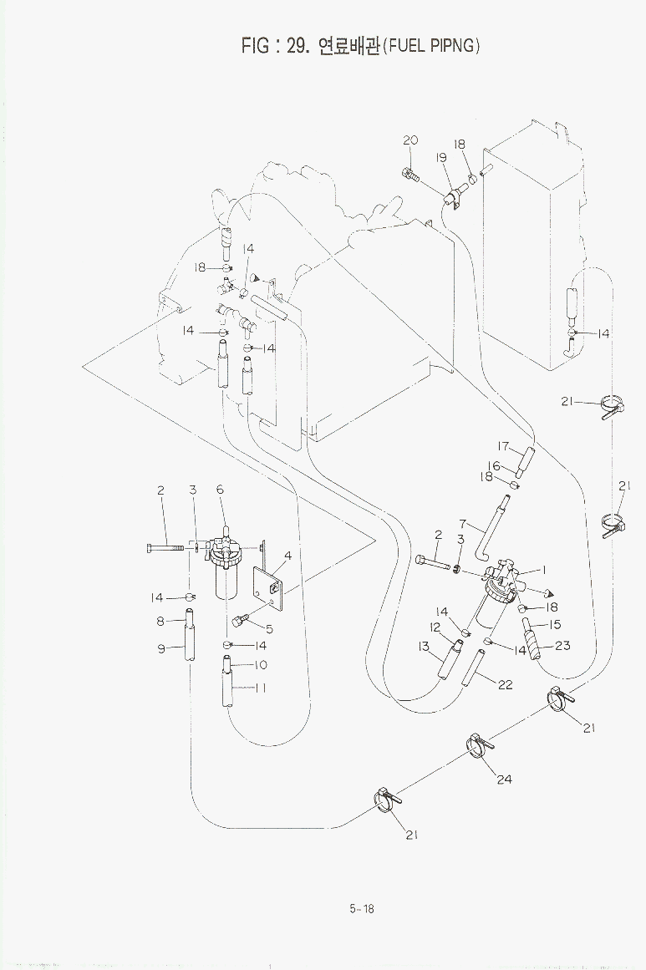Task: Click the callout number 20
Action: click(410, 140)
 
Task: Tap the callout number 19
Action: click(440, 158)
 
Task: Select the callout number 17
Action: click(504, 446)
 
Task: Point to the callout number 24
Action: click(504, 780)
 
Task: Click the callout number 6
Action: click(221, 490)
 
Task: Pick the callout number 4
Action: click(287, 556)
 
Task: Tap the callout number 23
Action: click(562, 645)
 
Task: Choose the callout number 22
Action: click(505, 685)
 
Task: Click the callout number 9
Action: click(162, 648)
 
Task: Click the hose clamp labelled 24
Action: click(479, 744)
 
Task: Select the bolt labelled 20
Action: click(410, 175)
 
